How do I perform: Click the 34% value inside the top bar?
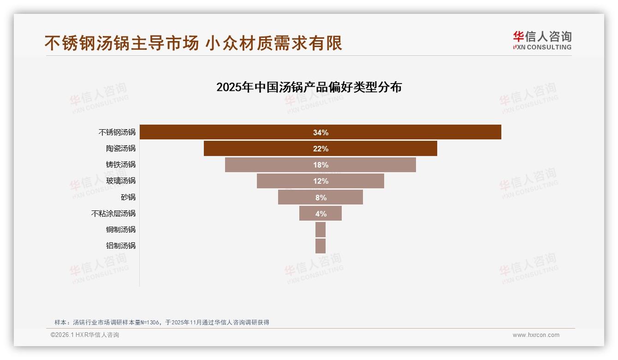pyautogui.click(x=321, y=132)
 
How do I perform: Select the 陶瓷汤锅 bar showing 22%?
pyautogui.click(x=321, y=149)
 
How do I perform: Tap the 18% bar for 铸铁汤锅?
pyautogui.click(x=321, y=165)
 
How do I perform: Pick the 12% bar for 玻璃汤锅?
pyautogui.click(x=321, y=181)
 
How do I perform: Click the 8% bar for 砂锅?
pyautogui.click(x=321, y=198)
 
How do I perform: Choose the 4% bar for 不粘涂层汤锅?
pyautogui.click(x=321, y=214)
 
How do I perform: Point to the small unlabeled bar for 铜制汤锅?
pyautogui.click(x=321, y=229)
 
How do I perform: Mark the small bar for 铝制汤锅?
pyautogui.click(x=321, y=246)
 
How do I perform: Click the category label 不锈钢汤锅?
pyautogui.click(x=117, y=132)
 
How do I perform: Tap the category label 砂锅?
pyautogui.click(x=128, y=197)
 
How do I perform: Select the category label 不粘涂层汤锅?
pyautogui.click(x=113, y=214)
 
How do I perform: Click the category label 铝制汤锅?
pyautogui.click(x=121, y=246)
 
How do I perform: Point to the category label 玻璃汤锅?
pyautogui.click(x=121, y=181)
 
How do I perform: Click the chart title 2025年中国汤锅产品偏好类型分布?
pyautogui.click(x=309, y=87)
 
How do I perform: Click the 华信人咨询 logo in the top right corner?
pyautogui.click(x=542, y=41)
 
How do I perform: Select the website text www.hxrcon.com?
pyautogui.click(x=536, y=335)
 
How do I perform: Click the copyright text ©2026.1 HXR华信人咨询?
pyautogui.click(x=85, y=335)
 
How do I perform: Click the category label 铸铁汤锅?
pyautogui.click(x=121, y=165)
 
